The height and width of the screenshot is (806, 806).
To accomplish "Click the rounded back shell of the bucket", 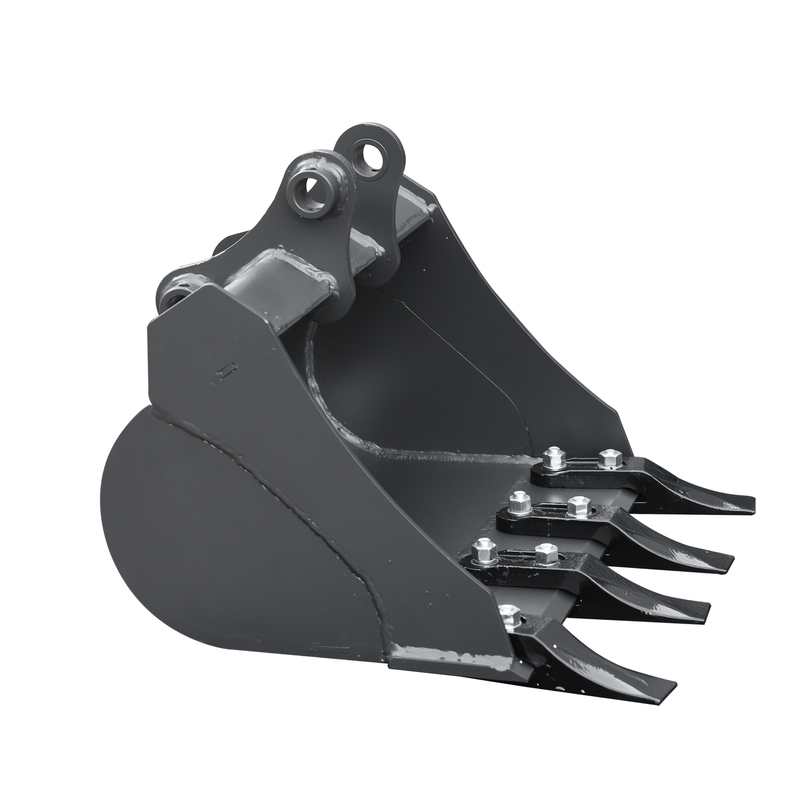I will pyautogui.click(x=215, y=528).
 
